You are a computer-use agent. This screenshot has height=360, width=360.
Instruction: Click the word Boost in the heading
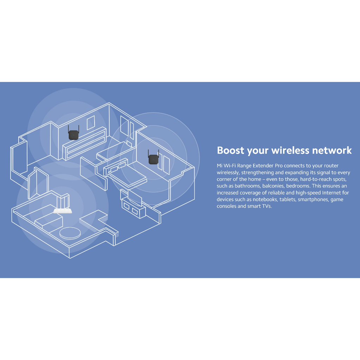click(x=231, y=150)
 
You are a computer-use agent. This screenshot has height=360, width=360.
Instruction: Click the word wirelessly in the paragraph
click(x=228, y=172)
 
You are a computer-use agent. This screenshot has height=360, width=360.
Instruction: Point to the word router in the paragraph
click(x=331, y=166)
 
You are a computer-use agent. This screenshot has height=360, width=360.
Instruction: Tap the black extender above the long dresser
click(x=73, y=134)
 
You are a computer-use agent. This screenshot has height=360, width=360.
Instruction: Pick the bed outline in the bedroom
click(x=127, y=175)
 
